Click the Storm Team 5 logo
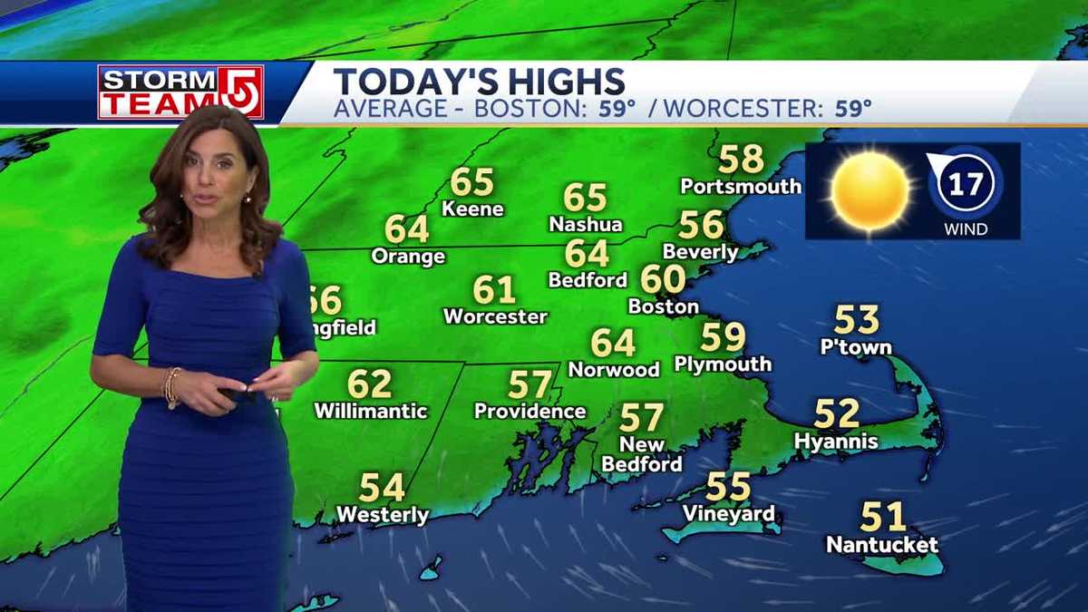point(180,92)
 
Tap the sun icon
point(869,190)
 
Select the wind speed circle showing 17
point(965,185)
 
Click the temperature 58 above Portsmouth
point(741,160)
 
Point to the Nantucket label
point(882,546)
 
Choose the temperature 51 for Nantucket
point(882,517)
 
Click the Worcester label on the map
point(495,317)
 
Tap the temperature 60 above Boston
point(664,279)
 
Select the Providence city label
point(529,412)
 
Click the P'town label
point(856,347)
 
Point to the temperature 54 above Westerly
point(382,488)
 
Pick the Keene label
point(472,209)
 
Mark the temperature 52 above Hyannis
point(836,413)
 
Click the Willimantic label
point(370,412)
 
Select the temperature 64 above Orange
point(407,229)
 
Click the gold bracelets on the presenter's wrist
point(170,386)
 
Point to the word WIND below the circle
point(965,229)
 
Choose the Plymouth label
point(723,364)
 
